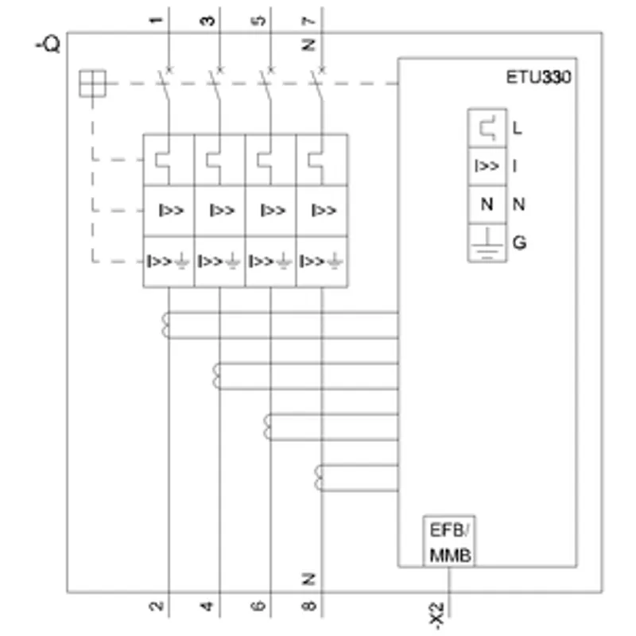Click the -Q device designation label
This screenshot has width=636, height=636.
pyautogui.click(x=48, y=44)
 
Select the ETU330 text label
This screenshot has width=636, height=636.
pyautogui.click(x=539, y=77)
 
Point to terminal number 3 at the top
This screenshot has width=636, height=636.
pyautogui.click(x=207, y=21)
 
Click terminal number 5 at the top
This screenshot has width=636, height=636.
pyautogui.click(x=259, y=21)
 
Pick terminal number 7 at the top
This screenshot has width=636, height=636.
pyautogui.click(x=309, y=21)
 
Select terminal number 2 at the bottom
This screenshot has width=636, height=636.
pyautogui.click(x=157, y=607)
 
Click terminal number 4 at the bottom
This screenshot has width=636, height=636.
pyautogui.click(x=207, y=607)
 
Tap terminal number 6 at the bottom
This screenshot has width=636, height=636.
pyautogui.click(x=258, y=607)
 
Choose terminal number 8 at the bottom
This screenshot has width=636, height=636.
pyautogui.click(x=309, y=607)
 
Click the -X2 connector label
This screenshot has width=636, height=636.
pyautogui.click(x=437, y=615)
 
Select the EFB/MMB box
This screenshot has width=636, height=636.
pyautogui.click(x=449, y=541)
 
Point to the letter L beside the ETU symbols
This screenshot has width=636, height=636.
pyautogui.click(x=518, y=128)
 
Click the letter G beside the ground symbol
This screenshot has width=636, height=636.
pyautogui.click(x=520, y=242)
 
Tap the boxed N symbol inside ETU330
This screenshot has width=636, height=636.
pyautogui.click(x=487, y=204)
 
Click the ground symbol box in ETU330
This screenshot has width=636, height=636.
pyautogui.click(x=487, y=242)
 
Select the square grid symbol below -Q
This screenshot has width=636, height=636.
pyautogui.click(x=92, y=83)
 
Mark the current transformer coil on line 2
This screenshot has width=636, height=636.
pyautogui.click(x=165, y=325)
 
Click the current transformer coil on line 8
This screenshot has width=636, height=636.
pyautogui.click(x=319, y=478)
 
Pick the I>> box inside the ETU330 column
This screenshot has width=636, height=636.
pyautogui.click(x=487, y=166)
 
